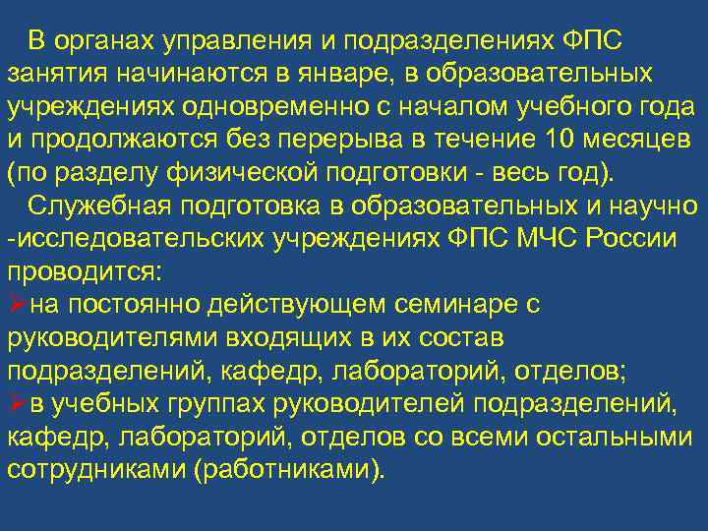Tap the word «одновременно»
270,105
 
